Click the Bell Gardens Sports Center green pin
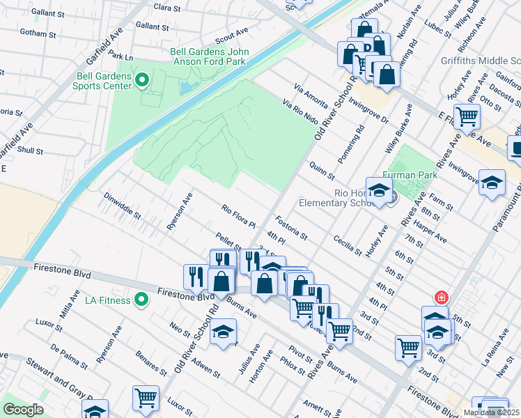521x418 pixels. pos(143,80)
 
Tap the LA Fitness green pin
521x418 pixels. pos(141,300)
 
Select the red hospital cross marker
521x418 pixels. pos(440,297)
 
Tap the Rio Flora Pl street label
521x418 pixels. pos(239,216)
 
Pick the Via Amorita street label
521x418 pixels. pos(311,95)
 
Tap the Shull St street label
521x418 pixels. pos(31,150)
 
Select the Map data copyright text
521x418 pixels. pos(491,412)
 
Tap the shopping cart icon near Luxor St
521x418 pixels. pos(146,398)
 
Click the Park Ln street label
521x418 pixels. pos(120,57)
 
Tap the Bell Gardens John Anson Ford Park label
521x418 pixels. pos(210,57)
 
